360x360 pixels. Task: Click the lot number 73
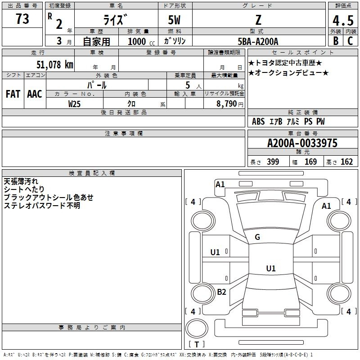tap(22, 19)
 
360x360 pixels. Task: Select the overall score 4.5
tap(343, 20)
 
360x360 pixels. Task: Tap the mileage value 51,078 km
tap(55, 65)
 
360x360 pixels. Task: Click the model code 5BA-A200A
tap(258, 41)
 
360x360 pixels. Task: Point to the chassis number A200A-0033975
tap(302, 143)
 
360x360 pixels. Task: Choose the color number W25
tap(74, 104)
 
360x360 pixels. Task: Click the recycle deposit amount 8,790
tap(226, 104)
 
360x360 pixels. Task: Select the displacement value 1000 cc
tap(141, 41)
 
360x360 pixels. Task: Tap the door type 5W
tap(174, 20)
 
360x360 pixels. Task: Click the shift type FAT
tap(13, 94)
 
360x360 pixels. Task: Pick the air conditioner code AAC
tap(35, 94)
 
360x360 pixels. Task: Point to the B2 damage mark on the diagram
tap(221, 292)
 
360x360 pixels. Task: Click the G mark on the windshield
tap(257, 237)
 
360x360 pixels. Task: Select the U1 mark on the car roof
tap(271, 268)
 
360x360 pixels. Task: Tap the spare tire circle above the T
tap(197, 328)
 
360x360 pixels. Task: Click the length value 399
tap(273, 162)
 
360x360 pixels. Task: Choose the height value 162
tap(346, 162)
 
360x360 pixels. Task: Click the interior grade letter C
tap(351, 41)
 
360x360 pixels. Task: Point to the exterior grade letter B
tap(336, 41)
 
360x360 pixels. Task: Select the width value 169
tap(310, 162)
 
